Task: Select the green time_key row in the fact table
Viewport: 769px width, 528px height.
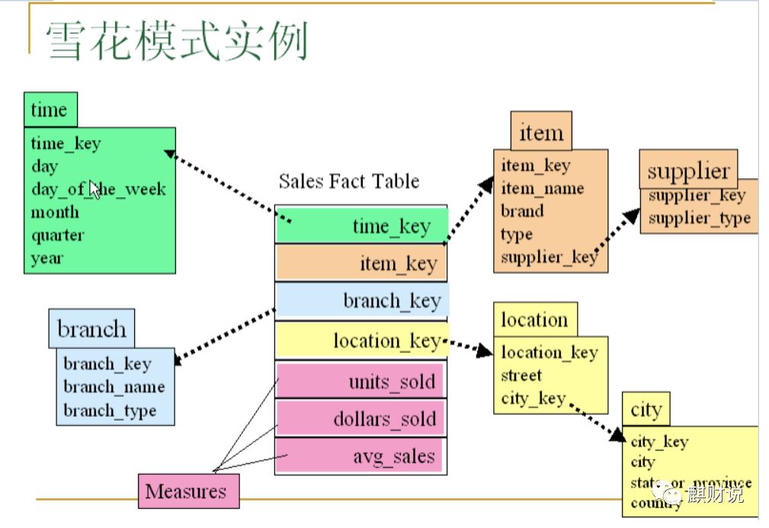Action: coord(360,225)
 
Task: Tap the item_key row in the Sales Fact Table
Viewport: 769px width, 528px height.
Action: coord(360,263)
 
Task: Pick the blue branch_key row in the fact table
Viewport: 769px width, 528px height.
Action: coord(360,300)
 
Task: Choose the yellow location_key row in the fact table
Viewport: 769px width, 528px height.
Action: coord(360,340)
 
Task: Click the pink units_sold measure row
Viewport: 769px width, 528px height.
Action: coord(360,380)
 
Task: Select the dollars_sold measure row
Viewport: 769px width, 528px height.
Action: coord(360,418)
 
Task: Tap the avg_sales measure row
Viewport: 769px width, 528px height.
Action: coord(360,456)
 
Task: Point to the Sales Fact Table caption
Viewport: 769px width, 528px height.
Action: coord(348,181)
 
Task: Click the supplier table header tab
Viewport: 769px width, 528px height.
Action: coord(688,170)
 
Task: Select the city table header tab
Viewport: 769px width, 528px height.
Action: coord(646,410)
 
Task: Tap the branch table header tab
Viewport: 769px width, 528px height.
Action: coord(91,329)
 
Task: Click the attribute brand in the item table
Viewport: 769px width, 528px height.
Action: coord(522,211)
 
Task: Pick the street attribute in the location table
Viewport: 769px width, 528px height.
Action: coord(521,375)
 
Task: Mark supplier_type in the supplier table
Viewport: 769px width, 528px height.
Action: coord(699,219)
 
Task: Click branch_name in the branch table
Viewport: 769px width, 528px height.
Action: coord(114,387)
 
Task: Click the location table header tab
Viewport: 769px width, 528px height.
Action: coord(534,320)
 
